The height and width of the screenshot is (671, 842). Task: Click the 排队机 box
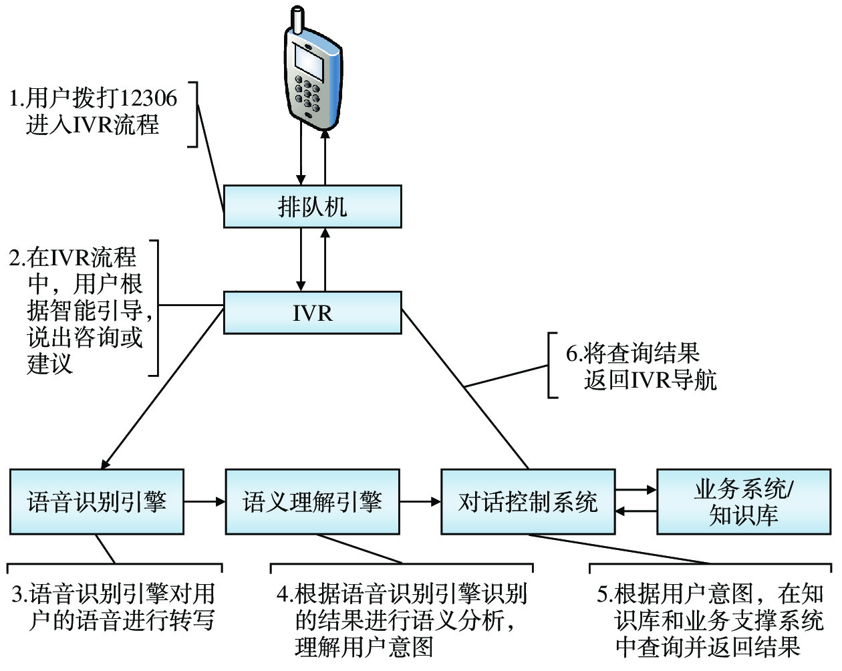click(x=312, y=207)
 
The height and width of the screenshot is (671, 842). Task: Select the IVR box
click(x=312, y=312)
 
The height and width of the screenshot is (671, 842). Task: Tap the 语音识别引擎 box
click(x=97, y=501)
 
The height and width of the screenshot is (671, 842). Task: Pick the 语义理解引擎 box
click(x=312, y=501)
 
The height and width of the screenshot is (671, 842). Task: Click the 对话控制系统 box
click(x=528, y=501)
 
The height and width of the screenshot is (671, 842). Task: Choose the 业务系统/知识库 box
click(x=744, y=501)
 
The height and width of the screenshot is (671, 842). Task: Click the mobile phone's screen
click(x=309, y=63)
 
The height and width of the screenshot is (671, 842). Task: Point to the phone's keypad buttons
click(x=307, y=94)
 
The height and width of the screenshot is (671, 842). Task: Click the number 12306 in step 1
click(x=150, y=99)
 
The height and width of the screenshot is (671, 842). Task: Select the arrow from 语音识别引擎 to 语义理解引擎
click(x=204, y=501)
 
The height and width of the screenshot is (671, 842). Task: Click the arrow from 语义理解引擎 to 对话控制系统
click(x=420, y=501)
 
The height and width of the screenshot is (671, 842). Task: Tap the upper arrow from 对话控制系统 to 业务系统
click(x=636, y=491)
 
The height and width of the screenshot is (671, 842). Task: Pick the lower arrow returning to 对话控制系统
click(x=636, y=512)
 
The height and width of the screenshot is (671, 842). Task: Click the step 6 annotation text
click(x=640, y=366)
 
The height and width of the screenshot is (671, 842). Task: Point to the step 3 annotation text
click(x=114, y=607)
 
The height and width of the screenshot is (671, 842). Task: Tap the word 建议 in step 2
click(x=50, y=364)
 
